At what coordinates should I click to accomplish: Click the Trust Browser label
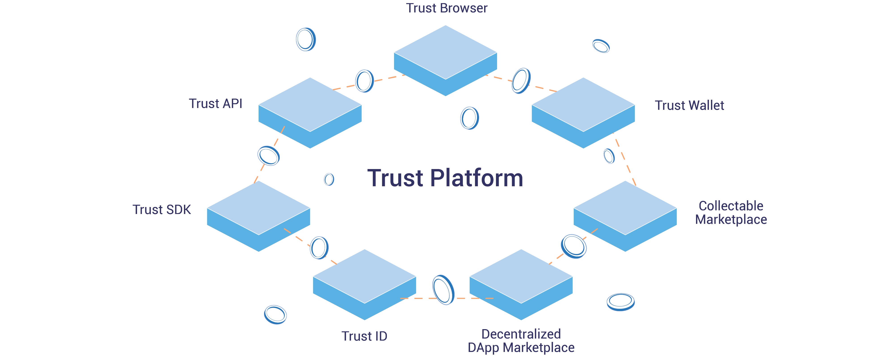(446, 8)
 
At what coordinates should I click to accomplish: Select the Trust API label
(215, 104)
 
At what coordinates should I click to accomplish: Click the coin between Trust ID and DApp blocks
(443, 290)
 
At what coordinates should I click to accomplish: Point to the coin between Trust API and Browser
(364, 81)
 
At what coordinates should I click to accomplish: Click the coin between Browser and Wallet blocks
(521, 80)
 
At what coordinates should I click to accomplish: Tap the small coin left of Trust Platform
(329, 180)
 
